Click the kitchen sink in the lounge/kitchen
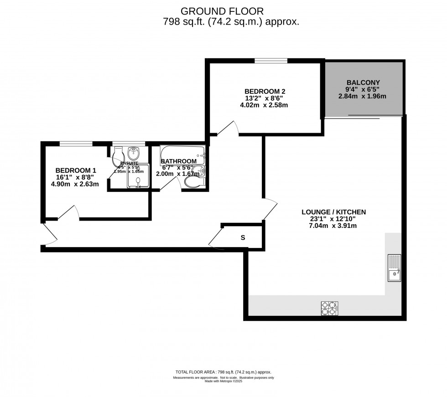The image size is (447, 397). [394, 267]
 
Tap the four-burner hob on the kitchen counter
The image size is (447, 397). [328, 309]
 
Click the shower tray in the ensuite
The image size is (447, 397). [138, 181]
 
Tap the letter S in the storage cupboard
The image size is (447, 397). [243, 237]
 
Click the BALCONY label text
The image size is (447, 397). [364, 82]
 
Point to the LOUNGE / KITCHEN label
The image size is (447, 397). [334, 212]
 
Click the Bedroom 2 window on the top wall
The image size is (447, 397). [271, 60]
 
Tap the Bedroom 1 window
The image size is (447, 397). [76, 144]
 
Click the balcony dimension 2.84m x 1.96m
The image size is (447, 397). [364, 96]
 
